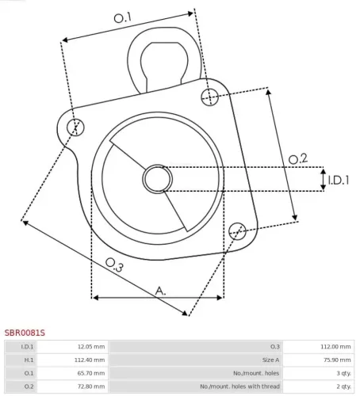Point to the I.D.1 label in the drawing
(339, 181)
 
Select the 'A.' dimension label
(160, 291)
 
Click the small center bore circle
(156, 179)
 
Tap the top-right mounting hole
(209, 97)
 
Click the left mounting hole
(76, 127)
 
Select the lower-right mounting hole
(236, 230)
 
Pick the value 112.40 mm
(90, 359)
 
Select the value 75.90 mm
(336, 359)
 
